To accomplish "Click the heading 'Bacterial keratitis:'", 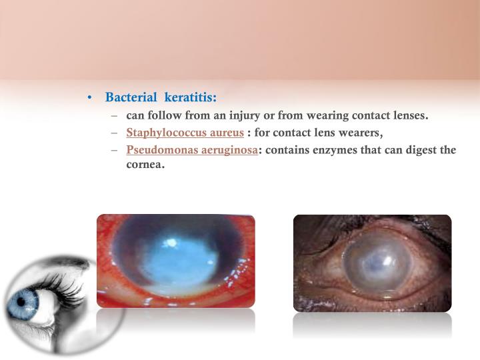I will click(x=161, y=98).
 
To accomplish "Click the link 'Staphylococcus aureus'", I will click(x=185, y=133).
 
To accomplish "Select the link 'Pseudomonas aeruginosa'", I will click(x=192, y=150).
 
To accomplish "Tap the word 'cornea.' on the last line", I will click(x=145, y=165).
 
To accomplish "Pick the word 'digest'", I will click(x=419, y=150).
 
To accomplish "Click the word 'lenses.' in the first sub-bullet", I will click(x=407, y=116).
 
